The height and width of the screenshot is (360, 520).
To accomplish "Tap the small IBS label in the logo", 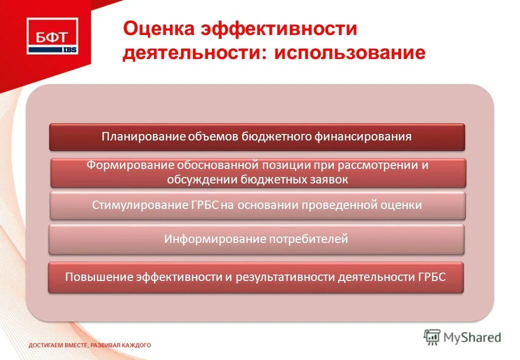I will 69,49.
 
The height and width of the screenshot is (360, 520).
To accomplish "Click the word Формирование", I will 129,165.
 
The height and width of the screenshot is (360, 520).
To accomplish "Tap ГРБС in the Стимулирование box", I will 204,205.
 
